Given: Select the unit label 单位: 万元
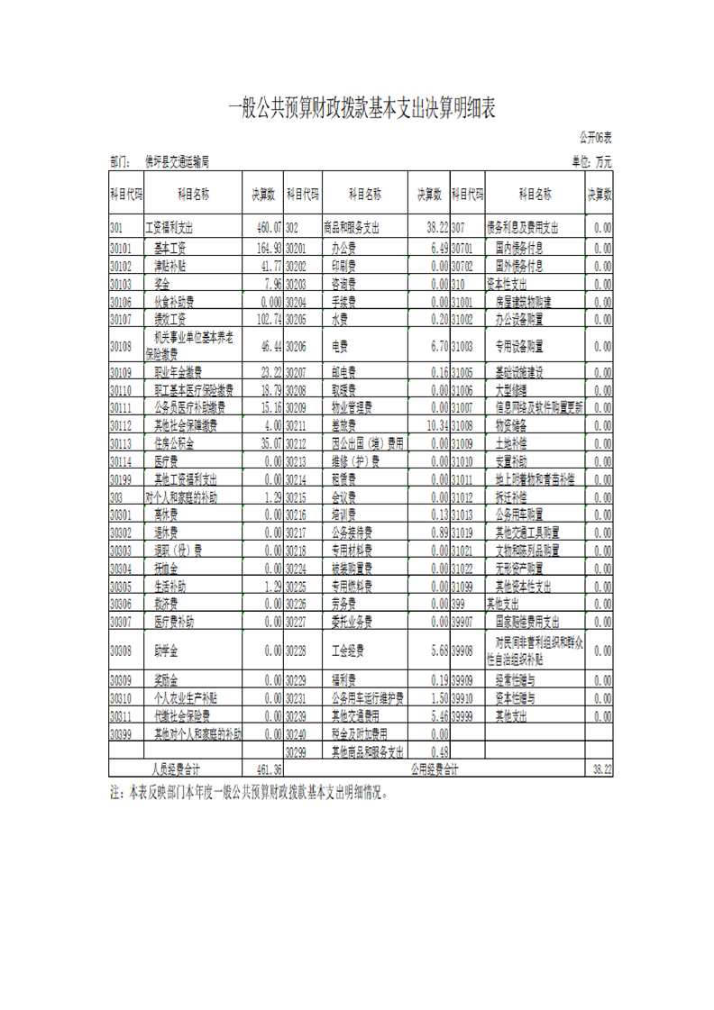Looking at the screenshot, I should coord(591,162).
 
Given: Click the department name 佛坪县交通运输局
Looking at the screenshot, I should coord(177,162).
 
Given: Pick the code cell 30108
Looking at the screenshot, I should coord(121,346).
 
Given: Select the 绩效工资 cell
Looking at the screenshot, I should coord(169,319).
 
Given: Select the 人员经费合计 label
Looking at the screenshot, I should coord(176,769).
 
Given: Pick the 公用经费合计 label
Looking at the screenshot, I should coord(435,769).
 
